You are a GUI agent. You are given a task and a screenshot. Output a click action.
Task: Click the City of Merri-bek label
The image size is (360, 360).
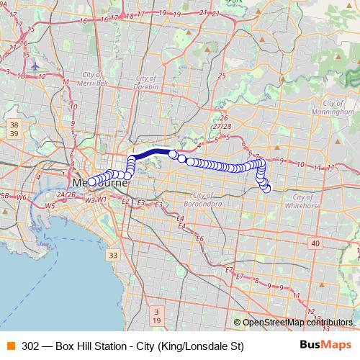click(x=100, y=78)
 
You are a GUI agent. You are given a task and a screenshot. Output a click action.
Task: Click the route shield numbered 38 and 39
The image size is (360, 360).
click(x=15, y=130)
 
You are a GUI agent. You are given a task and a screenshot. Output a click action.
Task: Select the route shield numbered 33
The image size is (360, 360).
click(x=112, y=256)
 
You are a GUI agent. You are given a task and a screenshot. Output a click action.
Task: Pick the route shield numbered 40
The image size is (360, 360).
click(x=315, y=245)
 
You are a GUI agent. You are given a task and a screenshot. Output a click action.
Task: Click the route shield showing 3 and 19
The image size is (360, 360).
click(x=157, y=315)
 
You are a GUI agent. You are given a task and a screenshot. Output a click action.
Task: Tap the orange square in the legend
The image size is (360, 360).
click(x=10, y=346)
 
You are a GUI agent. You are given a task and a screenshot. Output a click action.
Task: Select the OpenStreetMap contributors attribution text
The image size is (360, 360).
click(x=297, y=323)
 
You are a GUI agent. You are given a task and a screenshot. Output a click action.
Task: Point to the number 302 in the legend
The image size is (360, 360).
click(x=30, y=346)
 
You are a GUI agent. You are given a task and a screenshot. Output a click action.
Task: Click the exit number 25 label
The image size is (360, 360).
click(x=222, y=75)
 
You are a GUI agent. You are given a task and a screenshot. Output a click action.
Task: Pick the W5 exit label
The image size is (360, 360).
click(x=50, y=206)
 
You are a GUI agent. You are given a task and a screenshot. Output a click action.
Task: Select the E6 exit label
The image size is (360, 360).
click(x=200, y=238)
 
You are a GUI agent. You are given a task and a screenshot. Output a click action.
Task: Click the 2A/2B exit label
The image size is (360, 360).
click(x=66, y=194)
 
